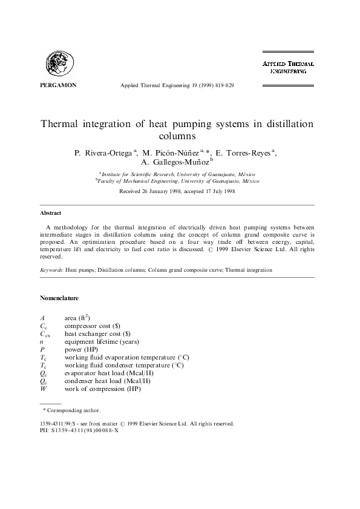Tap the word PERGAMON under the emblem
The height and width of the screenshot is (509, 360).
[x=58, y=85]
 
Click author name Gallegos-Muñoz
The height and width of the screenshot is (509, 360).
[x=174, y=162]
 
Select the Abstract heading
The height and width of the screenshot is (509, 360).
[x=51, y=213]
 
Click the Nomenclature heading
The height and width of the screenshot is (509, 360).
[x=59, y=298]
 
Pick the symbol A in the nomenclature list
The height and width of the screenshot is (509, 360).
[x=42, y=317]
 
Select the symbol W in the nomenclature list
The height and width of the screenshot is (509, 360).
[x=42, y=389]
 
